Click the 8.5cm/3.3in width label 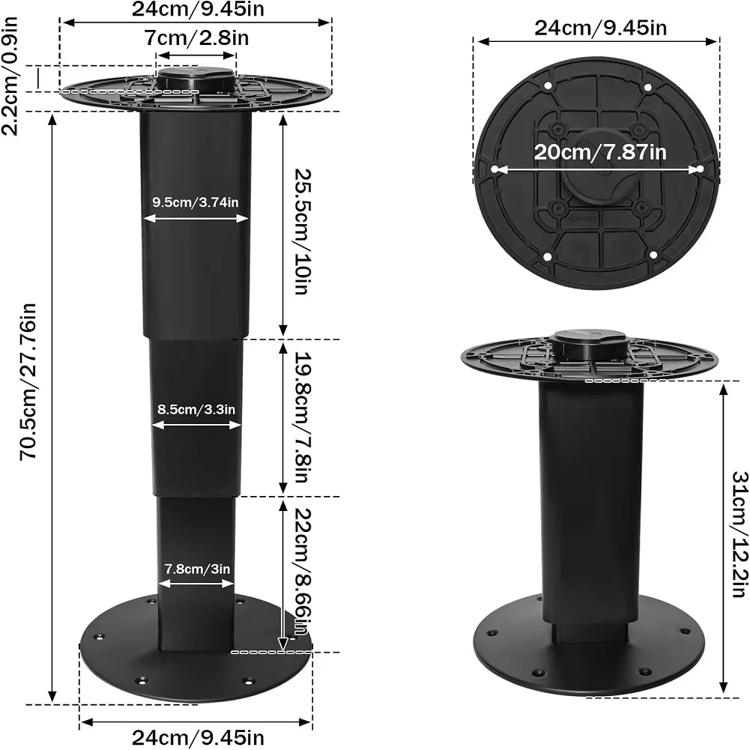(196, 410)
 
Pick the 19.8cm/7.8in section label (300, 419)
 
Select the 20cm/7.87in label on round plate (600, 152)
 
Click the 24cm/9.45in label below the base (196, 738)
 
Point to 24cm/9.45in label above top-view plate (600, 28)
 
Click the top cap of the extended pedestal (197, 77)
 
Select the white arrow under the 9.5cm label (196, 218)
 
